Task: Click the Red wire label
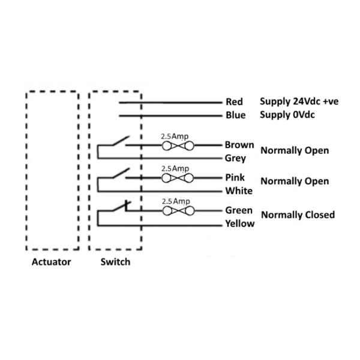pos(234,102)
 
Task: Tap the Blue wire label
pos(235,115)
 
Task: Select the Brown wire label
pos(239,145)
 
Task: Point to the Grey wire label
pos(236,159)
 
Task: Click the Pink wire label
pos(235,178)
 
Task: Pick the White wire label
pos(239,191)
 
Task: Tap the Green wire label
pos(239,211)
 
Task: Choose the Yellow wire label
pos(240,224)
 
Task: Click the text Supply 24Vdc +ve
pos(299,102)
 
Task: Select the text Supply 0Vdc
pos(287,115)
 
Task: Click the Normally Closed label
pos(298,214)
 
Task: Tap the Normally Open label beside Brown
pos(295,151)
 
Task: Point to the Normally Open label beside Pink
pos(295,181)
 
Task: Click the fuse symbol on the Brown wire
pos(177,146)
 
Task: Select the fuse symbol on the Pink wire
pos(177,178)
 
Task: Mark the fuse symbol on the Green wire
pos(177,211)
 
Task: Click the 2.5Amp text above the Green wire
pos(175,201)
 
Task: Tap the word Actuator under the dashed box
pos(52,262)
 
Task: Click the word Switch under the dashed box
pos(115,262)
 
